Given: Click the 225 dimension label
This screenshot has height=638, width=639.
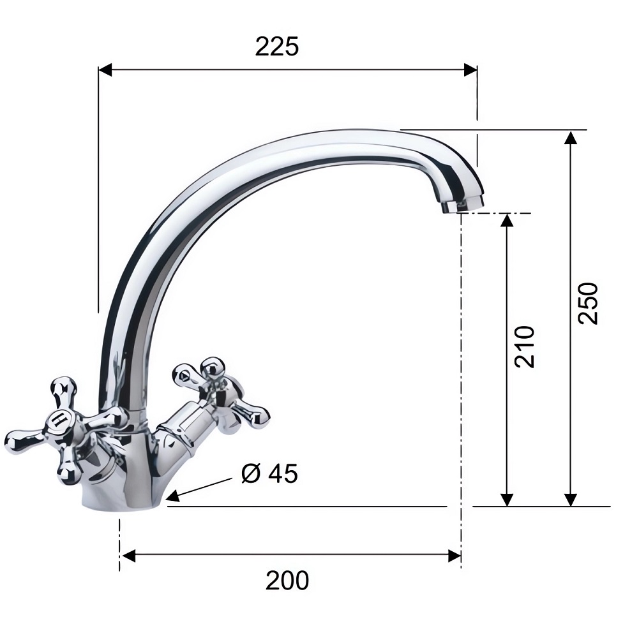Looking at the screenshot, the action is point(276,47).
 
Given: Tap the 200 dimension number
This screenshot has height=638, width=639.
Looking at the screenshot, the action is point(287,581).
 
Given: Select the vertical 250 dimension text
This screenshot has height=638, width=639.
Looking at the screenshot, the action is point(589,303).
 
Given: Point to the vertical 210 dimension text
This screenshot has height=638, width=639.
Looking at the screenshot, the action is point(525,346).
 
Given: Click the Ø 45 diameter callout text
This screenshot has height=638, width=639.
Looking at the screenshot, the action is point(269,473).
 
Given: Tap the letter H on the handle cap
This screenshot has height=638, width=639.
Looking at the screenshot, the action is point(60,419).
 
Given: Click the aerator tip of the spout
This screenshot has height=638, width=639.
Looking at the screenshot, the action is point(463,205).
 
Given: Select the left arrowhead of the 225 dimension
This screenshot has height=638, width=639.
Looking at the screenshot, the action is point(105,70).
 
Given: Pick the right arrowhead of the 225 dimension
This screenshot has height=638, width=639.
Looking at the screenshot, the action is point(470,70).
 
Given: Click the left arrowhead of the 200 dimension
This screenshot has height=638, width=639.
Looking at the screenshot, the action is point(129,556).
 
